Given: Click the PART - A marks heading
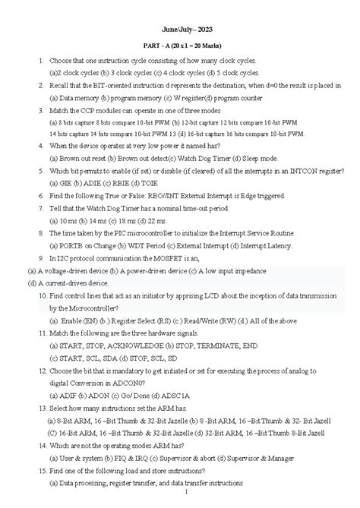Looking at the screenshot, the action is pos(179,47).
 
